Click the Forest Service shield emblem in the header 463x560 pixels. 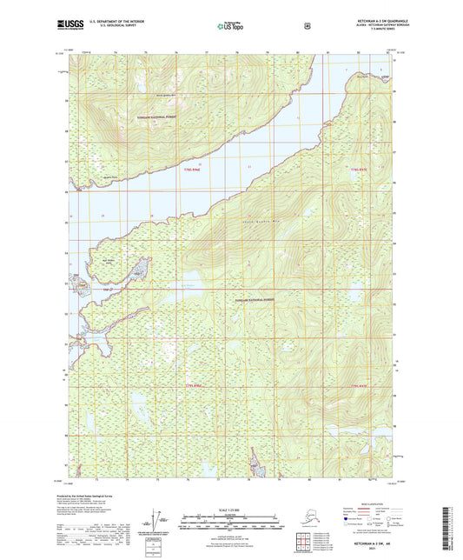point(307,25)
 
